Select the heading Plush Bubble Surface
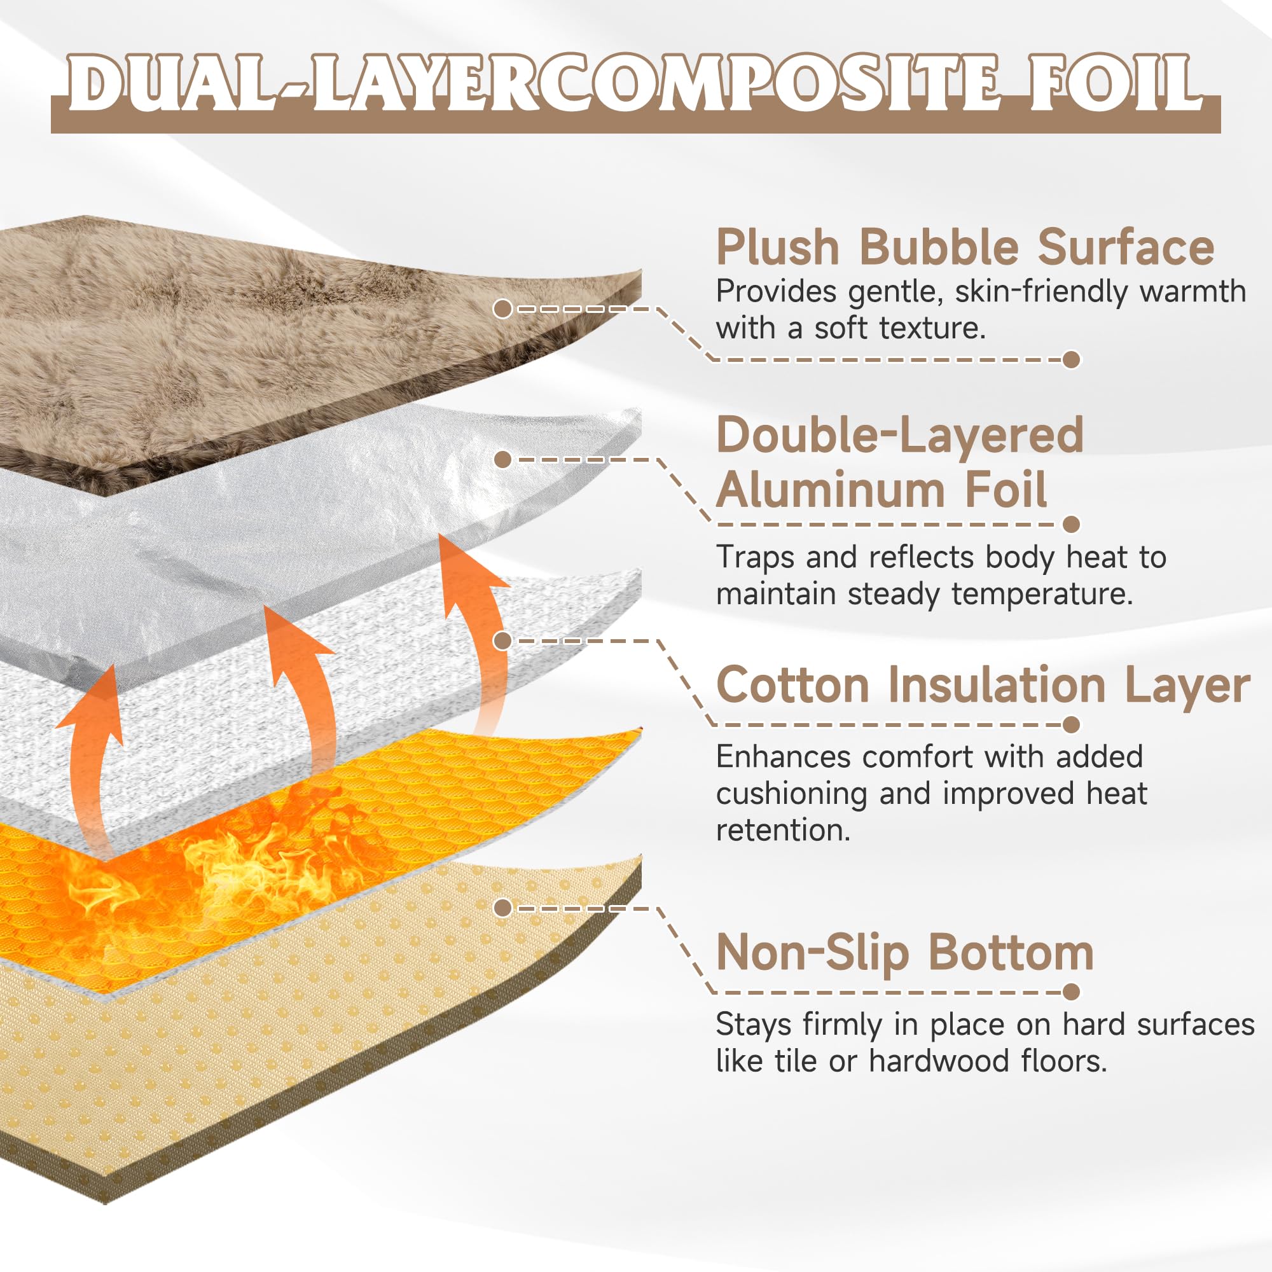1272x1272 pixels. click(965, 247)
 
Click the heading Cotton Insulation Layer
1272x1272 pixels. click(983, 686)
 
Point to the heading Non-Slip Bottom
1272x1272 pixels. click(904, 953)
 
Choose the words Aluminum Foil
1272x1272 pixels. click(881, 490)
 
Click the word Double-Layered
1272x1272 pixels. click(900, 435)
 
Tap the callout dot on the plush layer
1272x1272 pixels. click(503, 308)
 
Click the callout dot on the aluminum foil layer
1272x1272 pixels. click(503, 460)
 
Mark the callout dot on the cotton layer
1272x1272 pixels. click(503, 640)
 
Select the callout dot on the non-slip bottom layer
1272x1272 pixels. click(503, 909)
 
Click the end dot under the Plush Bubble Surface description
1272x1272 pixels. click(1072, 359)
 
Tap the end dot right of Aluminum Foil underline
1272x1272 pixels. click(1072, 524)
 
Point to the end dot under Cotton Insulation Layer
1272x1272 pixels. click(1072, 724)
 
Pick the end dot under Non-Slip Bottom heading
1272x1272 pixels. click(1072, 992)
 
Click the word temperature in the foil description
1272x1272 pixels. click(1043, 595)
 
